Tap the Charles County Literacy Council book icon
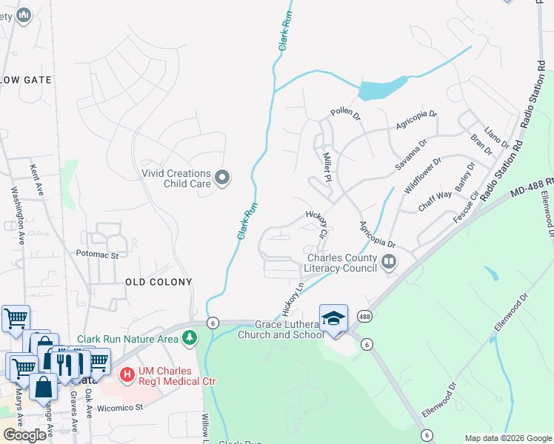point(389,261)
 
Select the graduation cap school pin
point(333,318)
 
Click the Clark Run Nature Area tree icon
point(190,338)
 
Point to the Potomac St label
point(97,255)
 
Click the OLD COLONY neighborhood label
point(158,282)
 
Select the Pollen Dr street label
point(345,115)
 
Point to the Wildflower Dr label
point(423,175)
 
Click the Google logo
point(24,435)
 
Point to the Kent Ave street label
point(36,181)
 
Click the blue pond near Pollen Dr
point(381,89)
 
